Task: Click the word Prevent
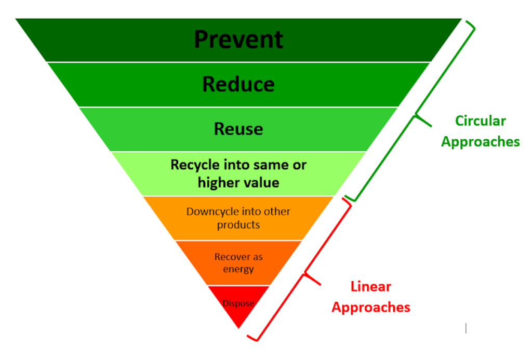pos(238,39)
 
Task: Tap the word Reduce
pos(238,84)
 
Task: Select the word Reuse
pos(238,129)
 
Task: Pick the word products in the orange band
pos(238,225)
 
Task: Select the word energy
pos(238,270)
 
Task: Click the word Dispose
pos(238,303)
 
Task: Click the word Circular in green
pos(481,121)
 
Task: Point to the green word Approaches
pos(481,142)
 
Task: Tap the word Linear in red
pos(371,287)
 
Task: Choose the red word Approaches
pos(371,308)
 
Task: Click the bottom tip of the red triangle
pos(239,328)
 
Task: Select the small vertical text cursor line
pos(466,328)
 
